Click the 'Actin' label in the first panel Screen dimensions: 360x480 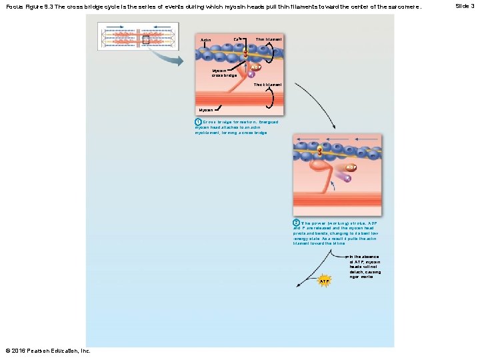click(x=206, y=40)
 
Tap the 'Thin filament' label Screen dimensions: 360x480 click(x=268, y=39)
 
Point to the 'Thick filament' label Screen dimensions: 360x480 click(x=267, y=85)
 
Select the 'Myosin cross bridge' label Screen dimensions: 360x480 click(x=224, y=73)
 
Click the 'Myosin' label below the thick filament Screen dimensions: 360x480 click(x=205, y=109)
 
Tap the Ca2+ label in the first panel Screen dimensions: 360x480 click(x=237, y=39)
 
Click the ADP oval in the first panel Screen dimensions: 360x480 click(x=255, y=67)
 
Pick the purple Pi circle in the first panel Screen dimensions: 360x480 click(x=251, y=75)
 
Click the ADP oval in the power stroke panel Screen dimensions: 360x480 click(x=351, y=167)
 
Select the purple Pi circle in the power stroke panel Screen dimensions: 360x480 click(x=347, y=178)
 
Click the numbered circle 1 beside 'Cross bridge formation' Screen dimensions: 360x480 click(x=198, y=123)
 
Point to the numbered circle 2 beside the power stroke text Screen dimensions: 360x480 click(x=296, y=223)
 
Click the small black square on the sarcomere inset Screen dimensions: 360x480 click(x=146, y=39)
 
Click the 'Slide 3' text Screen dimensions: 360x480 click(x=465, y=6)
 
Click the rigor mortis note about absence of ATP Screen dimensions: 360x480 click(x=365, y=266)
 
